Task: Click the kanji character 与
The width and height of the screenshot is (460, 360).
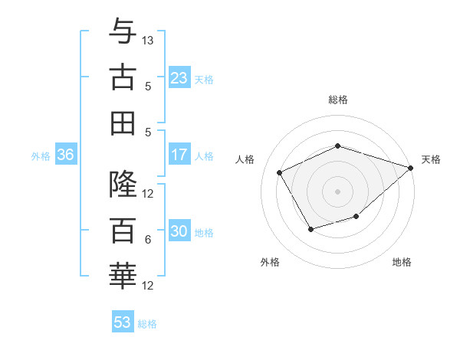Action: pyautogui.click(x=123, y=32)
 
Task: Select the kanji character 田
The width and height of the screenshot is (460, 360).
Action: pyautogui.click(x=123, y=123)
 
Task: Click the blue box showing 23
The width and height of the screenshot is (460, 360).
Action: pyautogui.click(x=179, y=78)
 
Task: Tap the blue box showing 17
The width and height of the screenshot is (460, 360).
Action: pyautogui.click(x=179, y=155)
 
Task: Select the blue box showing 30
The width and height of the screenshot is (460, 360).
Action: pyautogui.click(x=179, y=231)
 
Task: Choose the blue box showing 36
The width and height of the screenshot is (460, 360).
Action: pyautogui.click(x=66, y=155)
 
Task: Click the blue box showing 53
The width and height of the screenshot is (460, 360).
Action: pyautogui.click(x=123, y=322)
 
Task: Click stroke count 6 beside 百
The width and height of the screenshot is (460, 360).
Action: pyautogui.click(x=148, y=240)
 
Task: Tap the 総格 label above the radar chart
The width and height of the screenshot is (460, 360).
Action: pyautogui.click(x=338, y=100)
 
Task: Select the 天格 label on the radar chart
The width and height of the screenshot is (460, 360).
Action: pyautogui.click(x=431, y=159)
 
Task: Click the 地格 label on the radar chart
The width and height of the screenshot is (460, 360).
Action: pyautogui.click(x=402, y=262)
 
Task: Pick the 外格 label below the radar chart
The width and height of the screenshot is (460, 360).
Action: pyautogui.click(x=270, y=262)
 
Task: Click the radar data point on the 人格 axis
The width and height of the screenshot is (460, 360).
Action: pyautogui.click(x=280, y=172)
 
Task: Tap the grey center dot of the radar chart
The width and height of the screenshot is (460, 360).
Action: pyautogui.click(x=338, y=191)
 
